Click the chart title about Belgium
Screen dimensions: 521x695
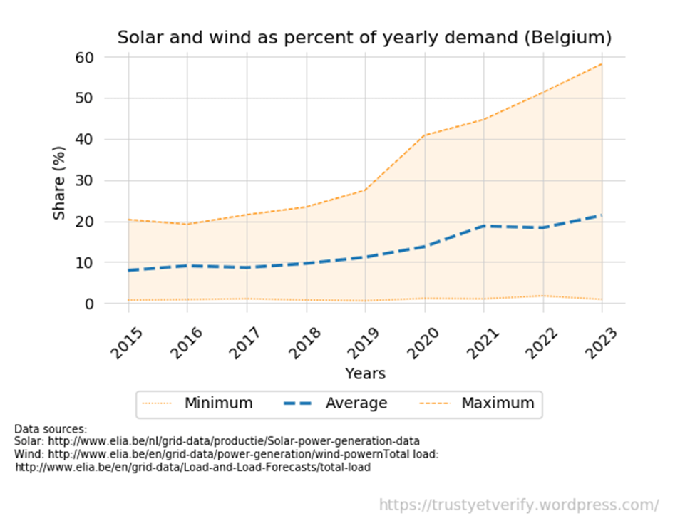(364, 37)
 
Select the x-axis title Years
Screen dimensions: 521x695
(365, 373)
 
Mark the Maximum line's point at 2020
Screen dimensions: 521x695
(425, 135)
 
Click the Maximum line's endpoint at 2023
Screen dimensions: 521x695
(602, 64)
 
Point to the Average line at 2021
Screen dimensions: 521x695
(484, 226)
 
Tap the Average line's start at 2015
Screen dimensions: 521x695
(129, 270)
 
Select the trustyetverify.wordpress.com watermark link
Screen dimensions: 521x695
(518, 505)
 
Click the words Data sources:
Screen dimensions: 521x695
(51, 430)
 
